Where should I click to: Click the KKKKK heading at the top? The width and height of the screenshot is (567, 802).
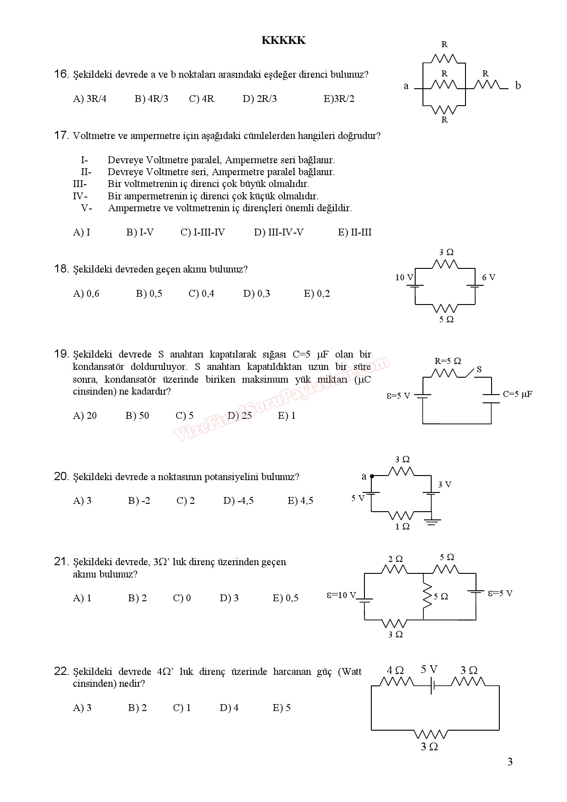coord(283,40)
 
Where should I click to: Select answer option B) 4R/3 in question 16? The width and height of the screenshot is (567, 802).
coord(151,99)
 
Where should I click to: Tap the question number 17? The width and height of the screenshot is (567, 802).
coord(61,135)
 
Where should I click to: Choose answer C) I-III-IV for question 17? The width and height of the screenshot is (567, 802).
coord(203,232)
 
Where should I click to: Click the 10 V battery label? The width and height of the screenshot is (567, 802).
coord(404,278)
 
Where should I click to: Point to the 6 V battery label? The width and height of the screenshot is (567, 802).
coord(488,278)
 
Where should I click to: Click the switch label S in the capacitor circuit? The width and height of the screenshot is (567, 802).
coord(479,369)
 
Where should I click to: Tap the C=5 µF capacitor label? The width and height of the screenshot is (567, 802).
coord(517,394)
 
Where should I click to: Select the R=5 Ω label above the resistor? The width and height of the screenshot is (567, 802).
coord(447,361)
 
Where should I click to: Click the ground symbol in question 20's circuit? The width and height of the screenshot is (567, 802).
coord(432,522)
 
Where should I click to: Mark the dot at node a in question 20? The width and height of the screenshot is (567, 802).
coord(372,476)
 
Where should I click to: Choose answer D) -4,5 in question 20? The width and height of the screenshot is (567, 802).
coord(238,501)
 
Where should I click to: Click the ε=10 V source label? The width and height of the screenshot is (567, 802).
coord(341,595)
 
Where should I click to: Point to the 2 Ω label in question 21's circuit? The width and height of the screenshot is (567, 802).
coord(396,559)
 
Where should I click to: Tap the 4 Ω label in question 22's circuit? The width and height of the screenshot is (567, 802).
coord(395,670)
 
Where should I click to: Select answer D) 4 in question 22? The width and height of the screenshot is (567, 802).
coord(229,708)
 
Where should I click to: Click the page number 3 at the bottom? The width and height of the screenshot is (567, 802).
coord(510,762)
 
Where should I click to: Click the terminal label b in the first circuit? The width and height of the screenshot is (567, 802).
coord(518,86)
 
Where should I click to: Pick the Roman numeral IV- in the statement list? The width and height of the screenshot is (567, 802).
coord(80,196)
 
